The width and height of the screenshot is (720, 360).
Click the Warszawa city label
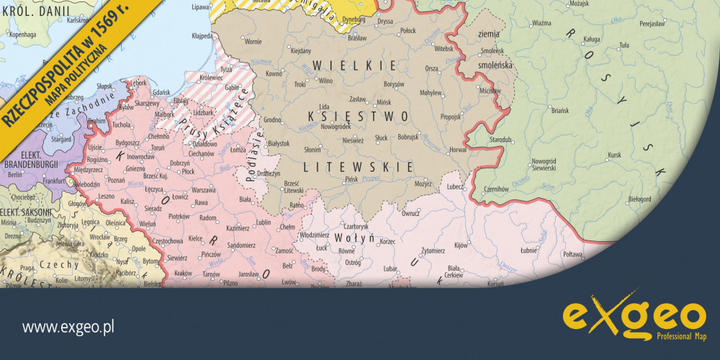coord(204,190)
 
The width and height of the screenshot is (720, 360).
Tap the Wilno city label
coord(325,81)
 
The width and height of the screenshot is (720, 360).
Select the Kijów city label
coord(461,246)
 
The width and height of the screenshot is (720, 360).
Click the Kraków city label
coord(183,274)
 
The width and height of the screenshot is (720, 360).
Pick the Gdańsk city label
coord(161,92)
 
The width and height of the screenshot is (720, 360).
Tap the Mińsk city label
coord(384,102)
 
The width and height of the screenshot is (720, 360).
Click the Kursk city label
coord(613,154)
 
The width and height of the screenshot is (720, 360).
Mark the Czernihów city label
coord(496,188)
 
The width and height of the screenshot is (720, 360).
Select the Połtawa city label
coord(572,254)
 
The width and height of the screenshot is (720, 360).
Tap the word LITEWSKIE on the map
coord(359,166)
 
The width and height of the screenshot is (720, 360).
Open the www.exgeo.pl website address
coord(69,328)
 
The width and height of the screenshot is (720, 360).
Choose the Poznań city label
coord(115,180)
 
